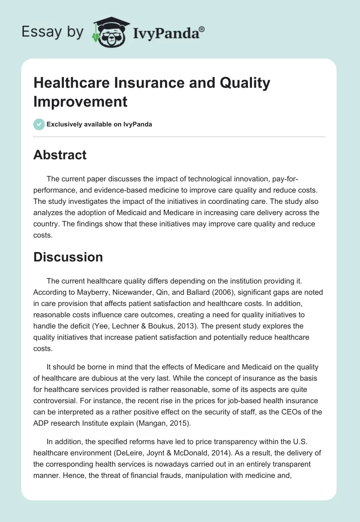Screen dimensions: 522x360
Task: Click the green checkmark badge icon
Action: pos(39,124)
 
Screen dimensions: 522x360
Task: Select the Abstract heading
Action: pos(60,155)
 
